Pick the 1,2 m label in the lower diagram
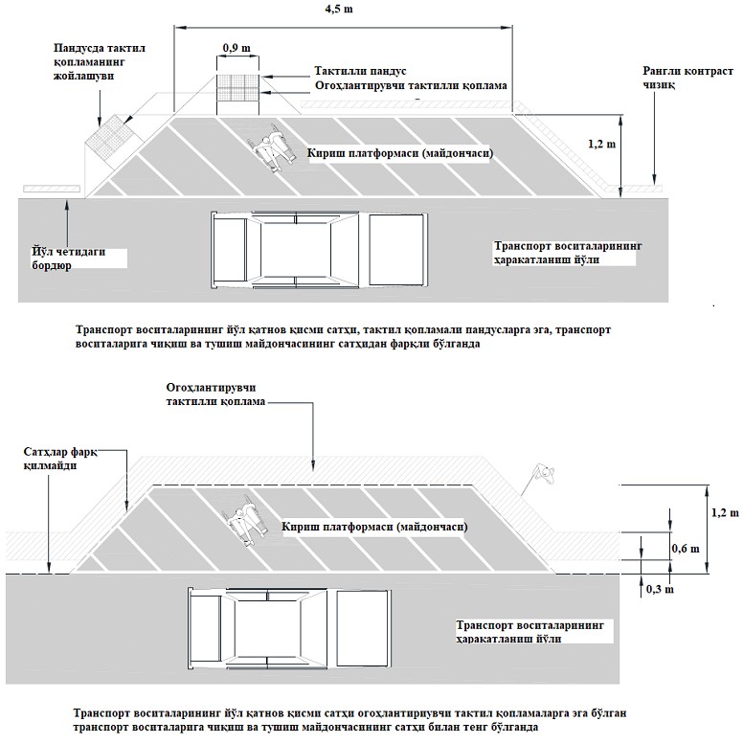pyautogui.click(x=727, y=512)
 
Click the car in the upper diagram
pyautogui.click(x=316, y=250)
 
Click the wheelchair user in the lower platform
pyautogui.click(x=246, y=517)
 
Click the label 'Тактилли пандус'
pyautogui.click(x=361, y=71)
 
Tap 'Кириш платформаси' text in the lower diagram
pyautogui.click(x=374, y=527)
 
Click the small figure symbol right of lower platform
pyautogui.click(x=543, y=472)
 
